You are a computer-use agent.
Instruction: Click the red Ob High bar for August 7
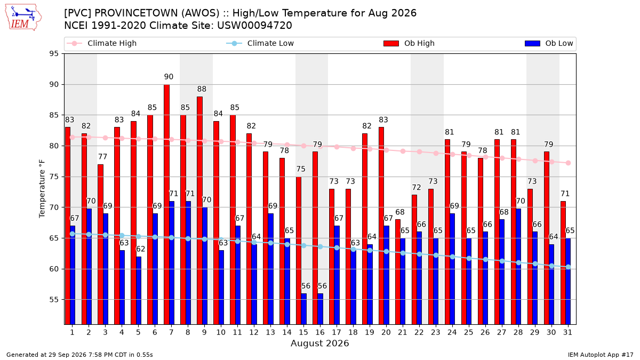click(x=166, y=205)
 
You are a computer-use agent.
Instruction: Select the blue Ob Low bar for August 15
click(x=303, y=309)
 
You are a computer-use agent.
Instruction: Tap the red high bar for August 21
click(x=398, y=272)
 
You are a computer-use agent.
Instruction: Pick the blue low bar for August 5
click(x=139, y=291)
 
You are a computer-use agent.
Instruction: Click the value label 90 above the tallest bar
click(x=169, y=77)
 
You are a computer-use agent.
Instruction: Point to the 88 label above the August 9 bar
click(x=202, y=89)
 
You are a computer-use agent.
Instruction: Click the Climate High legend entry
click(x=102, y=43)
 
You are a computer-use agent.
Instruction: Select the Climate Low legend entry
click(x=260, y=43)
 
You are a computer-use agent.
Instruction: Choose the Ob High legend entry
click(x=409, y=43)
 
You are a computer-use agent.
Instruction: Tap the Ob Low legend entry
click(x=549, y=43)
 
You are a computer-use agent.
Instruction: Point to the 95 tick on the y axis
click(x=54, y=54)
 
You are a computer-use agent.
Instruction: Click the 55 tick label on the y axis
click(x=54, y=300)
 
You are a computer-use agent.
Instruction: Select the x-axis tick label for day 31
click(x=567, y=332)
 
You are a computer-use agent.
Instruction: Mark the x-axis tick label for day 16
click(x=320, y=332)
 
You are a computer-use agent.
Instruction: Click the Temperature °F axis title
click(x=42, y=189)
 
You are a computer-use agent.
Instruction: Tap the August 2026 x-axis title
click(x=319, y=343)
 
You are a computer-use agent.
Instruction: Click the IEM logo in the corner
click(x=23, y=18)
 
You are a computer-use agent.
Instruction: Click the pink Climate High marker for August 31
click(x=569, y=163)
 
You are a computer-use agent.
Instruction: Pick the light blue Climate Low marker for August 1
click(x=73, y=234)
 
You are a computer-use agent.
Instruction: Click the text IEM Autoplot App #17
click(x=601, y=355)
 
